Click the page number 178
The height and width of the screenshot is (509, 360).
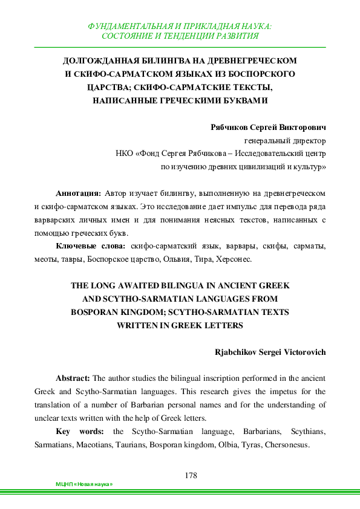(191, 475)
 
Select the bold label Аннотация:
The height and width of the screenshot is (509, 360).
(78, 193)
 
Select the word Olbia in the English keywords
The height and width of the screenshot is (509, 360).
(215, 444)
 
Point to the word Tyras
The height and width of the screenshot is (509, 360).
(241, 444)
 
